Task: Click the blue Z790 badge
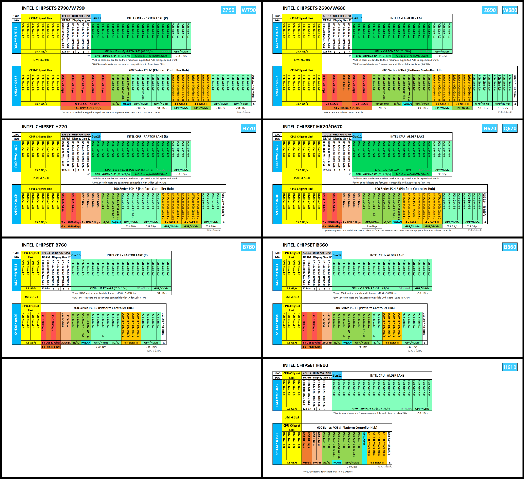pyautogui.click(x=228, y=10)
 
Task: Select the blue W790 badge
pyautogui.click(x=249, y=10)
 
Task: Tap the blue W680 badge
pyautogui.click(x=510, y=10)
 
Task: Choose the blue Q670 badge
pyautogui.click(x=510, y=128)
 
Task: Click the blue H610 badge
pyautogui.click(x=510, y=367)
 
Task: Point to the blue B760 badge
pyautogui.click(x=249, y=247)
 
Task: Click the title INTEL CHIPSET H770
pyautogui.click(x=44, y=127)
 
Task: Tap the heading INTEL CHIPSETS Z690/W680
pyautogui.click(x=314, y=8)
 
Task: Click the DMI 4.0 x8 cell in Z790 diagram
pyautogui.click(x=41, y=60)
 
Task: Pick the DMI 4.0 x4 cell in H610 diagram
pyautogui.click(x=292, y=417)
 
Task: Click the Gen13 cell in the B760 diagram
pyautogui.click(x=76, y=255)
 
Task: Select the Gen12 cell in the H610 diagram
pyautogui.click(x=337, y=376)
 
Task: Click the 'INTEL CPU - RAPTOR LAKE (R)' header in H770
pyautogui.click(x=147, y=137)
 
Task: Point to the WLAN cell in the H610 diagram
pyautogui.click(x=337, y=463)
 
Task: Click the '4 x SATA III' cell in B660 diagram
pyautogui.click(x=393, y=343)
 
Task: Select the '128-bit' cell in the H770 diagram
pyautogui.click(x=66, y=170)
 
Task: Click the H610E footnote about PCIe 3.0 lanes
pyautogui.click(x=327, y=472)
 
